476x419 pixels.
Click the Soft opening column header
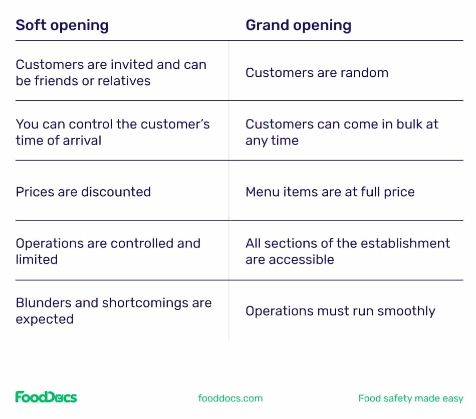[x=62, y=26]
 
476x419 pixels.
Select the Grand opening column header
[x=298, y=26]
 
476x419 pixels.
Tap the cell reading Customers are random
[x=317, y=73]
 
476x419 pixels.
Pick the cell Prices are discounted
[x=83, y=192]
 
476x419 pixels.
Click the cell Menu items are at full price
[x=330, y=192]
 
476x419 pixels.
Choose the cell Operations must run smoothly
[x=340, y=311]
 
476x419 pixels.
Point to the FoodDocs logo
[x=46, y=397]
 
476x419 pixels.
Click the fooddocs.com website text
[x=230, y=398]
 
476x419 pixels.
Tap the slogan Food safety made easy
[x=410, y=398]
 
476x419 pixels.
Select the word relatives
[x=124, y=81]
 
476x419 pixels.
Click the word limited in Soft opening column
[x=37, y=259]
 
